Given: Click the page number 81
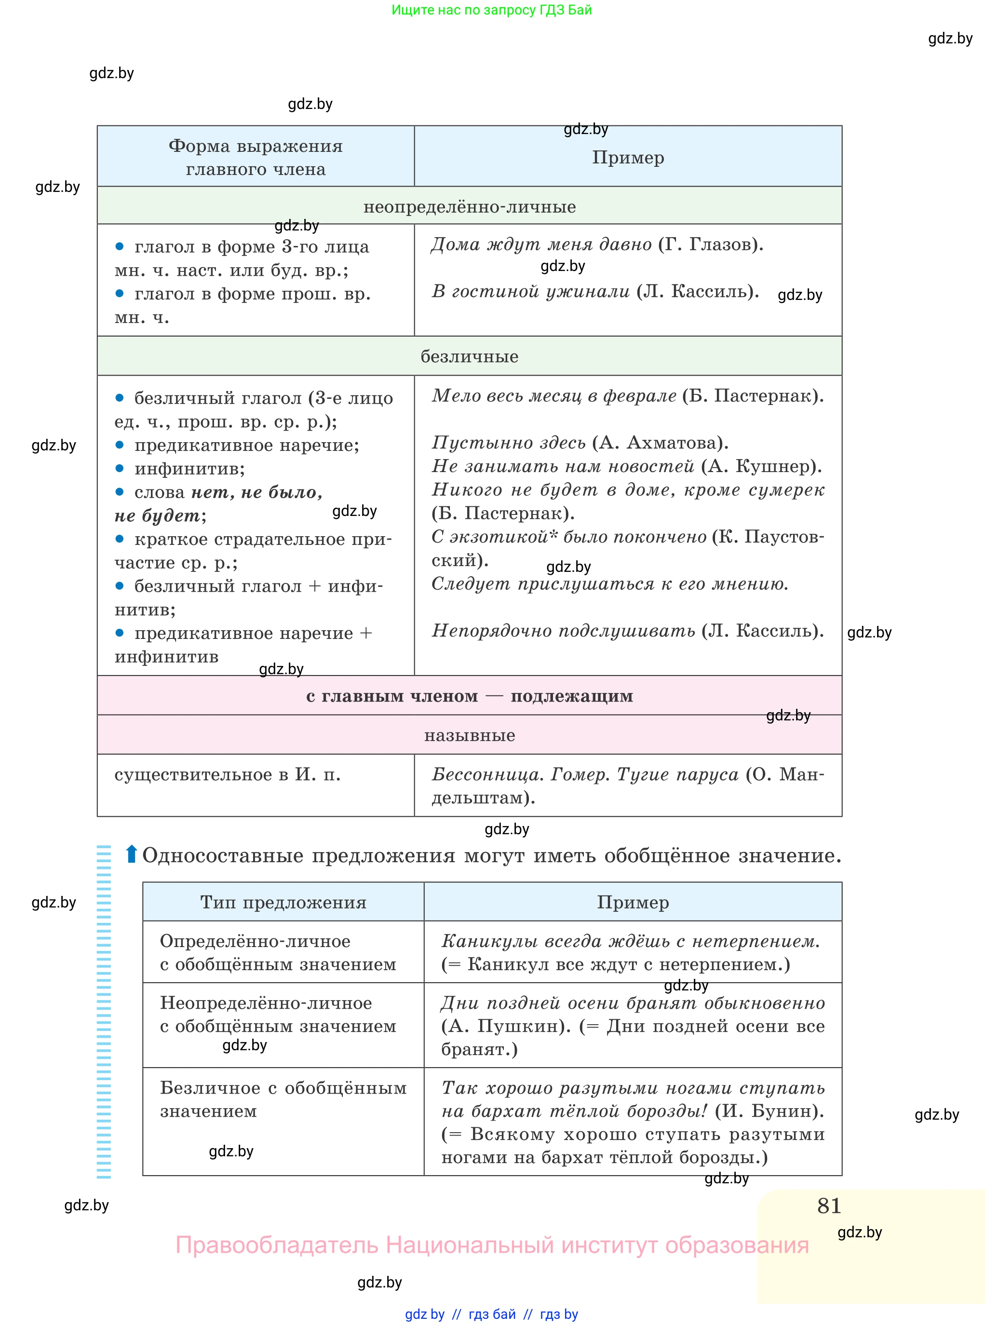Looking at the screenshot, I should coord(829,1206).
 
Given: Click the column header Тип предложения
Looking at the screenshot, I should coord(283,902).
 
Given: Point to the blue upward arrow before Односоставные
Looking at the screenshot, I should coord(131,854).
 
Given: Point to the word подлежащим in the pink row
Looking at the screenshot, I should coord(571,696).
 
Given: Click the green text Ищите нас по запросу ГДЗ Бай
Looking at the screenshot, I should coord(491,10).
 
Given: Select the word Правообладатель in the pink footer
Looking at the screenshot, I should coord(277,1246).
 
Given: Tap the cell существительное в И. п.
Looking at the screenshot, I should coord(227,775).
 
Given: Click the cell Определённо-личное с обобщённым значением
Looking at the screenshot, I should coord(278,952).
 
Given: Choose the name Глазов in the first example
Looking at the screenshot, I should coord(722,244).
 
